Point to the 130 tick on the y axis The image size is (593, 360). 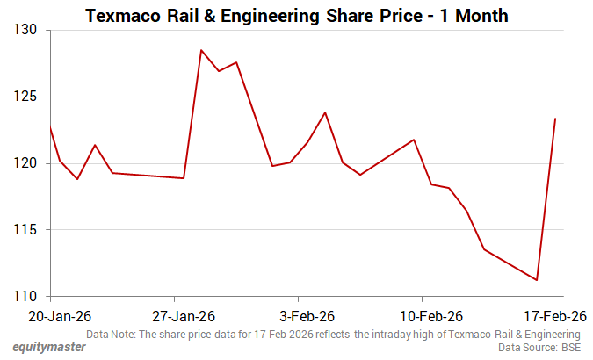click(x=25, y=30)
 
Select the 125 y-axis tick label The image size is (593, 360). click(x=25, y=97)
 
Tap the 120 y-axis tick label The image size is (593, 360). click(x=25, y=163)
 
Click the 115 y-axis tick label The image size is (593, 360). click(x=25, y=230)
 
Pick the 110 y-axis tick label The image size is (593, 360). click(x=25, y=297)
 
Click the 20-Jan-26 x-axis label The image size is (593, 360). click(x=50, y=316)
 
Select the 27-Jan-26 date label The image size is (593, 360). click(x=175, y=316)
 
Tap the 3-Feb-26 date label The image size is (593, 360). click(x=299, y=316)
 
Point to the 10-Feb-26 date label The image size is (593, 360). click(x=423, y=316)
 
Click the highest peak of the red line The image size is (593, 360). click(x=201, y=50)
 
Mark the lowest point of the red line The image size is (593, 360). click(x=537, y=280)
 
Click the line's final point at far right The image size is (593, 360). click(x=555, y=119)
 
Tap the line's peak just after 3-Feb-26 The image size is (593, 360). click(x=325, y=112)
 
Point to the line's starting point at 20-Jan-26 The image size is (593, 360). click(x=50, y=127)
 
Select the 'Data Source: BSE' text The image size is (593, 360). click(x=539, y=348)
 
